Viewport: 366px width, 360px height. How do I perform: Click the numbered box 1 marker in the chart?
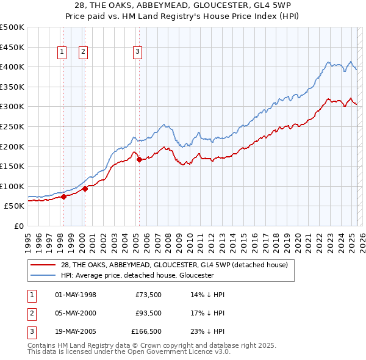pyautogui.click(x=62, y=52)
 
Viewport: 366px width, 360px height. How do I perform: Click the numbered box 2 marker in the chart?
pyautogui.click(x=82, y=52)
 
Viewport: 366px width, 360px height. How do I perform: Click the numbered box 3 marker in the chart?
pyautogui.click(x=138, y=52)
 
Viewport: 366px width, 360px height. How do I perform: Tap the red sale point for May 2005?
pyautogui.click(x=139, y=160)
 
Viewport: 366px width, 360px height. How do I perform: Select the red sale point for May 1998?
pyautogui.click(x=63, y=196)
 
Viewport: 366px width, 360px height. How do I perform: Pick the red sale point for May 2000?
pyautogui.click(x=85, y=189)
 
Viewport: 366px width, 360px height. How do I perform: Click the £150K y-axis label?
pyautogui.click(x=12, y=166)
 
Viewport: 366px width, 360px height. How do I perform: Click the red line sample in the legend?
pyautogui.click(x=43, y=265)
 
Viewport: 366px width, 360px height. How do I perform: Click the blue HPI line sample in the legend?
pyautogui.click(x=43, y=275)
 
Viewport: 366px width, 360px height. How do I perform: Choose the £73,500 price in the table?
pyautogui.click(x=148, y=295)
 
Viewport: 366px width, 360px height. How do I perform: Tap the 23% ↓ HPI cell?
pyautogui.click(x=207, y=333)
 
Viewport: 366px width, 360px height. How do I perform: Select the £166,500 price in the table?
pyautogui.click(x=146, y=333)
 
